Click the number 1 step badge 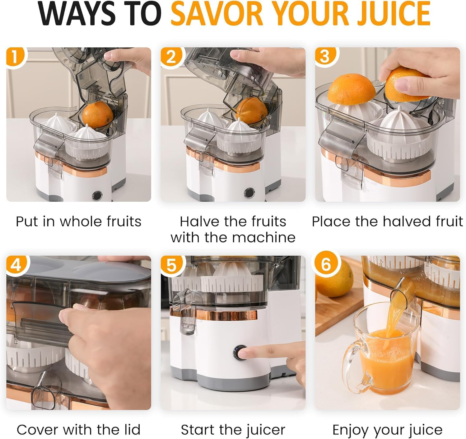pos(15,57)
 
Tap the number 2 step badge pos(170,57)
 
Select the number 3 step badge pos(324,57)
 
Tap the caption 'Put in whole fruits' pos(78,222)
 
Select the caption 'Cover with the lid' pos(78,430)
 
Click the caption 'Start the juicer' pos(233,430)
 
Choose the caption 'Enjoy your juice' pos(387,430)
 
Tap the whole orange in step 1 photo pos(98,115)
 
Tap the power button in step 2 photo pos(249,193)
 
